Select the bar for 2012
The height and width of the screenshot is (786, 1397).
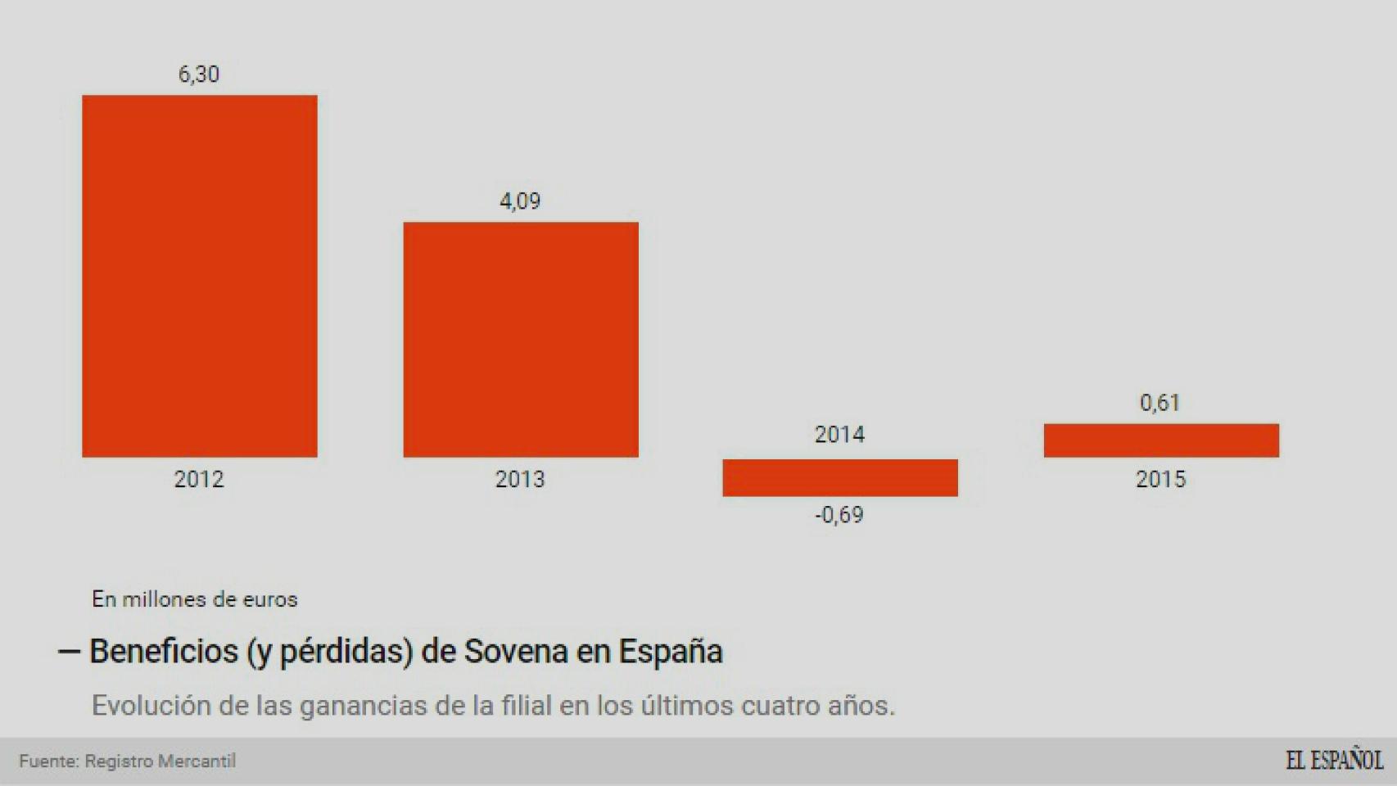click(x=199, y=276)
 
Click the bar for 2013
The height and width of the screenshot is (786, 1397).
click(x=520, y=339)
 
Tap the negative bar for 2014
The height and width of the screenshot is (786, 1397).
click(x=839, y=477)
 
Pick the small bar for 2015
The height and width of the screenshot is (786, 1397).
click(x=1160, y=440)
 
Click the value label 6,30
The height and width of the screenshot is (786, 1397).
click(x=199, y=75)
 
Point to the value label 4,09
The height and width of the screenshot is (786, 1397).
click(x=520, y=201)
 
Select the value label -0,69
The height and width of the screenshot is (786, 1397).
click(x=839, y=515)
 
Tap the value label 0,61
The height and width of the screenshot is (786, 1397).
click(x=1160, y=403)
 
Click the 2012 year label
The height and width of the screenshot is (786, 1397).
click(x=199, y=479)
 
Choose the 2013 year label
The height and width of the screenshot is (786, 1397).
click(x=520, y=479)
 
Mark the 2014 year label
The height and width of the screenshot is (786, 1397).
click(x=839, y=435)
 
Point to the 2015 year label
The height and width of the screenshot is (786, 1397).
click(x=1160, y=479)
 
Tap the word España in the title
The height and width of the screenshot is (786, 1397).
click(x=671, y=652)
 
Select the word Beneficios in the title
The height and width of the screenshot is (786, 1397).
click(x=164, y=652)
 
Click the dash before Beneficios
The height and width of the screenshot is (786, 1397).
click(x=69, y=652)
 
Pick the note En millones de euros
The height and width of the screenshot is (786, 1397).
click(x=195, y=599)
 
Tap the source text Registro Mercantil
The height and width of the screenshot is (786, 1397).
click(x=160, y=761)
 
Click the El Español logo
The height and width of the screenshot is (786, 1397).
click(x=1333, y=760)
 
